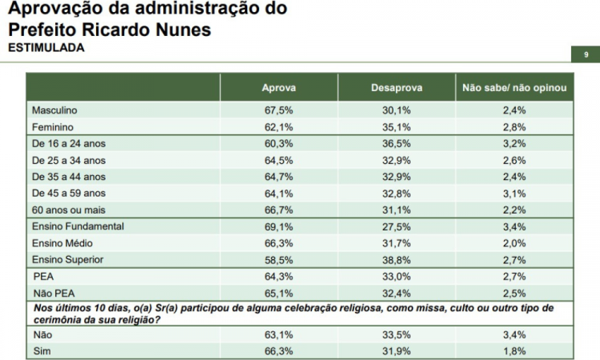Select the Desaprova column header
[x=397, y=87]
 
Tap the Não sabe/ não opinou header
[x=514, y=87]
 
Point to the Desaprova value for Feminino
[x=397, y=126]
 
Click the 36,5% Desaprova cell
[x=397, y=144]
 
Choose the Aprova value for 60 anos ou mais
[x=278, y=210]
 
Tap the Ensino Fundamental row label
[x=77, y=227]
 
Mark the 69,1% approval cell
[x=278, y=227]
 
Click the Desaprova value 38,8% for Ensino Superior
[x=397, y=260]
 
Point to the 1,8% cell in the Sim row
[x=514, y=350]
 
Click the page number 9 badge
[x=586, y=54]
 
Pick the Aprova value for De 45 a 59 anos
[x=278, y=193]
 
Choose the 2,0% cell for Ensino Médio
[x=514, y=243]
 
